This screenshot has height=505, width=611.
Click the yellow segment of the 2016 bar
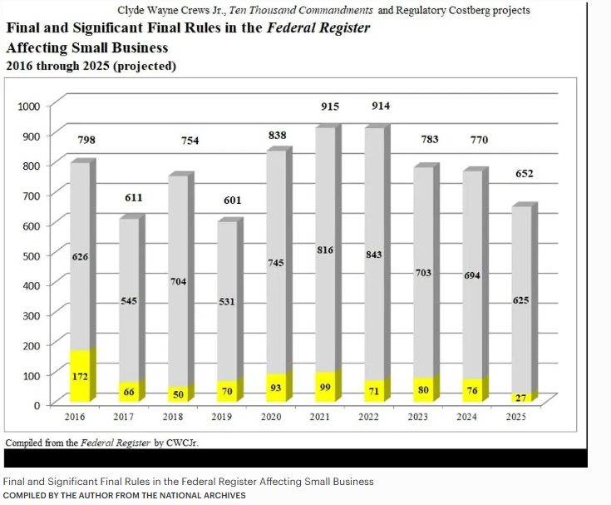point(81,374)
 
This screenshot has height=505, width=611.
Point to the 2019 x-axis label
point(221,416)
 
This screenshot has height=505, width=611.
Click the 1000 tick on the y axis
point(29,106)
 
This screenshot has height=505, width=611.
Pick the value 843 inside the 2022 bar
point(374,254)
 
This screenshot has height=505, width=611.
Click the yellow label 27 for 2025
point(521,398)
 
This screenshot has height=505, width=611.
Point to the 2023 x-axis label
point(417,416)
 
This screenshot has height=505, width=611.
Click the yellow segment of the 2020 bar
point(276,387)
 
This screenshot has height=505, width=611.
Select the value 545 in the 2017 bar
point(129,300)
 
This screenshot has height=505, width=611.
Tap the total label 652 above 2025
point(525,174)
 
